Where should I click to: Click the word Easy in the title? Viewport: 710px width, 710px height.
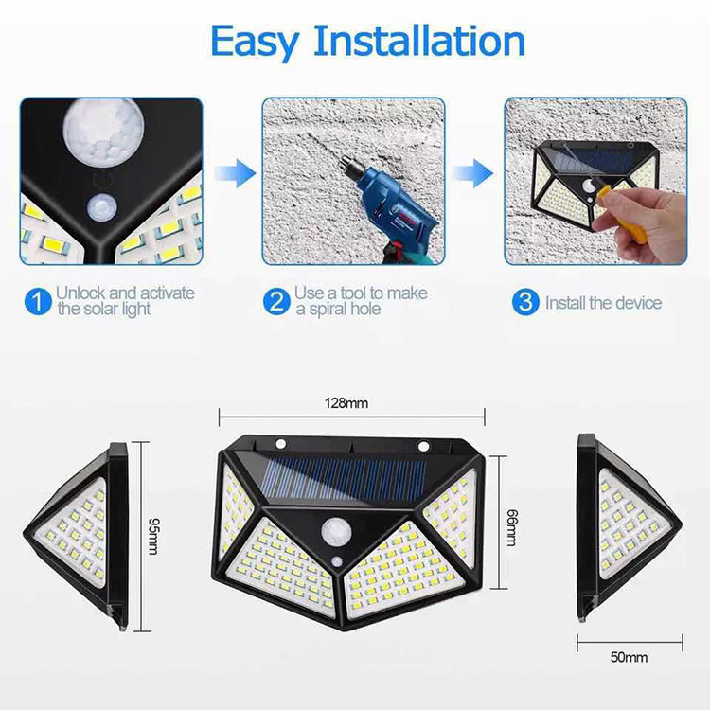[x=256, y=43]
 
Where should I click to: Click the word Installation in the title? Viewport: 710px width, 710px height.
[x=418, y=43]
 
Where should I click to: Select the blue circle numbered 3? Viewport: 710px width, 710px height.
[x=525, y=303]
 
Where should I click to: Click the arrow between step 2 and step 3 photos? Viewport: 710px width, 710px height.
[x=472, y=172]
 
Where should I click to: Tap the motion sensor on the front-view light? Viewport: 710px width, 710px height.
[x=338, y=532]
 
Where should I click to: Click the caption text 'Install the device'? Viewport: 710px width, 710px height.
[x=603, y=303]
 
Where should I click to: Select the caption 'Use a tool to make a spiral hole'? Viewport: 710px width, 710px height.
[x=361, y=302]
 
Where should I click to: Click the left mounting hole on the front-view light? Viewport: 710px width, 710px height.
[x=281, y=444]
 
